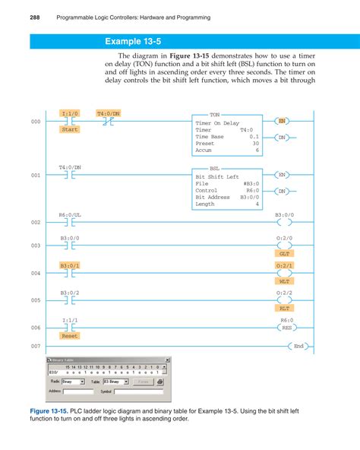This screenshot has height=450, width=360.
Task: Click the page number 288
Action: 14,16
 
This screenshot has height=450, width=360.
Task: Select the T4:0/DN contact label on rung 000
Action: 108,113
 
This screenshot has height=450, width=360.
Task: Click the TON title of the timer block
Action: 214,113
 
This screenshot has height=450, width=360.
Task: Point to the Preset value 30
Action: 255,144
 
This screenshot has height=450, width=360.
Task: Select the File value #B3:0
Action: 251,183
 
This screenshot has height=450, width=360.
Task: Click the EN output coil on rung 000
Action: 282,122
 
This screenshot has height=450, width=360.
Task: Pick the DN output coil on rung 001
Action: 282,191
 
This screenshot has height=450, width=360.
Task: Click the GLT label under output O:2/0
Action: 285,254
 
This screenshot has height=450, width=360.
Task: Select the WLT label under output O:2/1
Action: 285,281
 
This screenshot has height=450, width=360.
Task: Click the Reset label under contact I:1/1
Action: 70,335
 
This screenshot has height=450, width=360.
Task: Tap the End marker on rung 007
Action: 298,346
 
